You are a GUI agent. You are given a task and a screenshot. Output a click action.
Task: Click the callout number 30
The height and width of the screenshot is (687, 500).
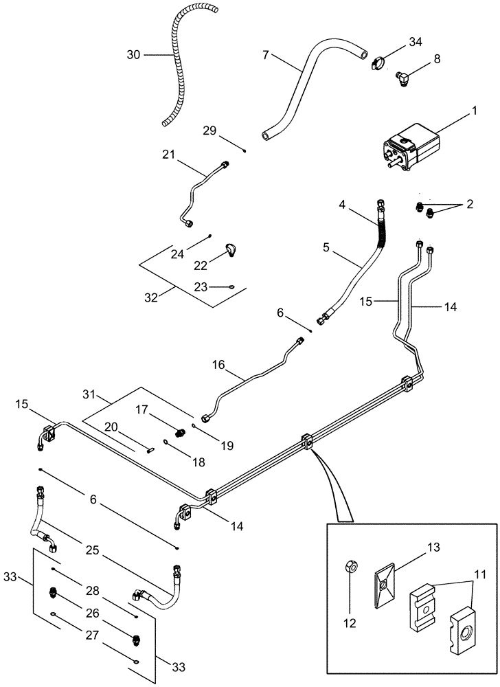click(x=134, y=54)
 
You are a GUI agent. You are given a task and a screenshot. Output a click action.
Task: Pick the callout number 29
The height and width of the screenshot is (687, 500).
click(x=210, y=131)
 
